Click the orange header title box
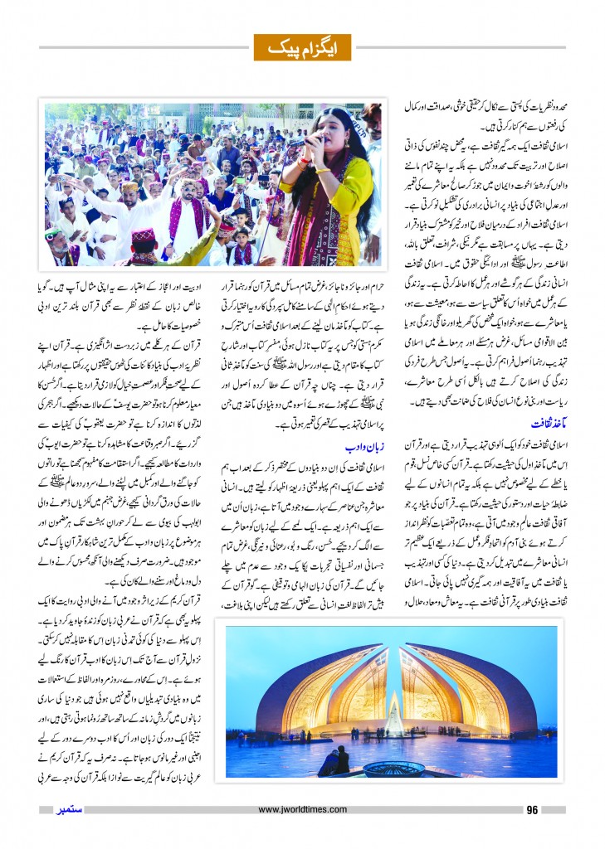[302, 48]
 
